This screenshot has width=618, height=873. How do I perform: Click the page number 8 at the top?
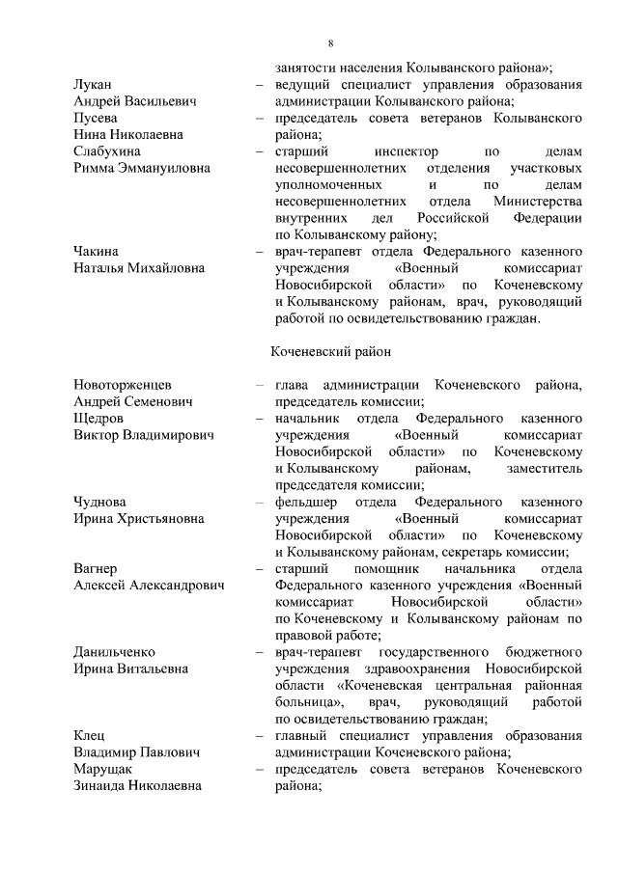coord(330,43)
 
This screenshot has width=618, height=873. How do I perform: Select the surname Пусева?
coord(97,118)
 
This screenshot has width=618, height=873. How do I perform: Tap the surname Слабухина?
coord(107,151)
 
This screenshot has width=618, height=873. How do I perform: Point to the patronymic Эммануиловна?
coord(170,168)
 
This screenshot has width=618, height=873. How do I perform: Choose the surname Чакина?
coord(97,251)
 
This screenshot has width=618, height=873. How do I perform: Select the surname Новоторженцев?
coord(123,385)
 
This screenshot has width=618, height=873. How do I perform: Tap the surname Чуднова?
coord(99,503)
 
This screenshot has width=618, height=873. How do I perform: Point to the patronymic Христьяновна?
coord(161,519)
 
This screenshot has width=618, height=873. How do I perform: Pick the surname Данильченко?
coord(114,652)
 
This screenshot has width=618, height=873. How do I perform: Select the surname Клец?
coord(90,736)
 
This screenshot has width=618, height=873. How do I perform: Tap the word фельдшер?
coord(307,503)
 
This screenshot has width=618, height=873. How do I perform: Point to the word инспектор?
coord(406,151)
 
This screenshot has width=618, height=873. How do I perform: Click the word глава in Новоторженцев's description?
coord(294,385)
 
